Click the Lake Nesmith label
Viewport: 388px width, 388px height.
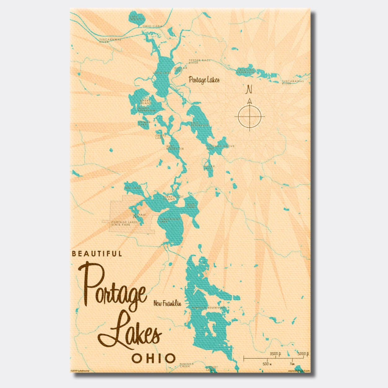click(x=137, y=18)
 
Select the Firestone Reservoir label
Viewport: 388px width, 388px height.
click(x=246, y=71)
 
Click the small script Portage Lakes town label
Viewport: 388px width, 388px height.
click(x=204, y=80)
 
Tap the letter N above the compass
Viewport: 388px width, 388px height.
click(x=249, y=90)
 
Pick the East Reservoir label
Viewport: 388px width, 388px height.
click(x=200, y=124)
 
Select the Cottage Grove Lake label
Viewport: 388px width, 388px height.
click(x=220, y=147)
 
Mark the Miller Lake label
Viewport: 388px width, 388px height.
click(x=209, y=167)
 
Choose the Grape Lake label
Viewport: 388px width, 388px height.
click(x=161, y=137)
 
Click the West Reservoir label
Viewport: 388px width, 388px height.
click(x=175, y=147)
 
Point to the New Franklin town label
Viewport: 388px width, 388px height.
click(x=167, y=303)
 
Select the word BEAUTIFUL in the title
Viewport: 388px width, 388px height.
click(x=97, y=254)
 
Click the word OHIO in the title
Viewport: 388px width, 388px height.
click(x=153, y=358)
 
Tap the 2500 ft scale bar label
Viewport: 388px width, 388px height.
click(x=275, y=354)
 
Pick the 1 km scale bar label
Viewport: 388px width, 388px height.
click(x=292, y=363)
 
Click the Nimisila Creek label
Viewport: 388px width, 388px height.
click(x=187, y=365)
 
